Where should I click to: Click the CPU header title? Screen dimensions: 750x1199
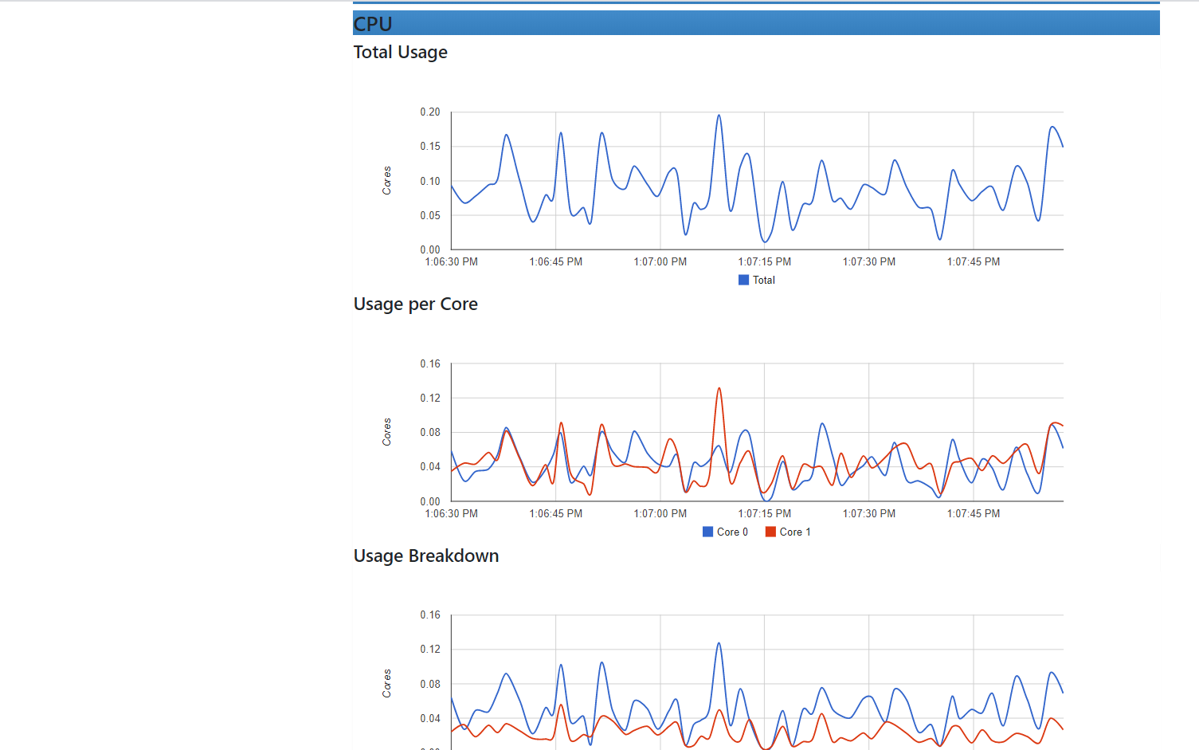(x=373, y=24)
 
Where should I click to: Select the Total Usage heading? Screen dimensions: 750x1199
(x=400, y=53)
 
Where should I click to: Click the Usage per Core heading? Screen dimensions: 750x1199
(x=415, y=304)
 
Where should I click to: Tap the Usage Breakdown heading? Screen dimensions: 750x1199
(x=425, y=556)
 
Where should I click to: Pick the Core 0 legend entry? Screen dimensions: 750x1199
(x=726, y=532)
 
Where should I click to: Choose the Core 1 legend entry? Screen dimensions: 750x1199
(x=788, y=532)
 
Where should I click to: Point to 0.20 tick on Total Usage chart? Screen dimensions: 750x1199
(x=430, y=112)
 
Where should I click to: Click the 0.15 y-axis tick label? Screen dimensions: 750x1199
(x=430, y=147)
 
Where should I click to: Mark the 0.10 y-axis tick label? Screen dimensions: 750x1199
(x=430, y=181)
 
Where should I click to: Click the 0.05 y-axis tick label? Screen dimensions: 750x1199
(x=430, y=215)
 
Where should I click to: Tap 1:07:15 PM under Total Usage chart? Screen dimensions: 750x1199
(x=764, y=261)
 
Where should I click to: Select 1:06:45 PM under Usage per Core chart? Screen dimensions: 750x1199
(x=555, y=513)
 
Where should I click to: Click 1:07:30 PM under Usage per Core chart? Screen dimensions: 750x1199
(x=868, y=513)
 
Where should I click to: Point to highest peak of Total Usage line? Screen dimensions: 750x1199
(x=719, y=116)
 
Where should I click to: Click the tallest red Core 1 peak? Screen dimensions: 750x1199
(x=719, y=389)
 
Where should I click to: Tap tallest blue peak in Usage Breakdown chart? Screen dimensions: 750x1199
(x=719, y=644)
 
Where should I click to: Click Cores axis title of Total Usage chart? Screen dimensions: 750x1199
(x=387, y=180)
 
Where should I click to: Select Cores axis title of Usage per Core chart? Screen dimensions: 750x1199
(x=387, y=432)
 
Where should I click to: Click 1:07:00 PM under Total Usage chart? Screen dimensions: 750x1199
(x=660, y=261)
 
